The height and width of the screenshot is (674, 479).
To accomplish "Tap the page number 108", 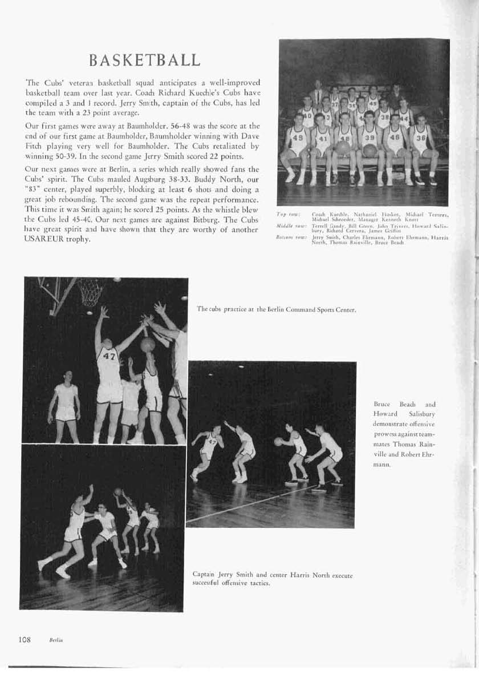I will (23, 639).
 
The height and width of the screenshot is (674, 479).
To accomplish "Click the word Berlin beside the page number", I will (55, 640).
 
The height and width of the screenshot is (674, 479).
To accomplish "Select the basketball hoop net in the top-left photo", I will (91, 291).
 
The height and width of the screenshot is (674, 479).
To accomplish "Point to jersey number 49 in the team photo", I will (297, 138).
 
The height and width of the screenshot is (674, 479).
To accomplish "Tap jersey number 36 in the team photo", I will (421, 138).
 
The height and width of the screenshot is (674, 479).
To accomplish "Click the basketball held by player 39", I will (370, 150).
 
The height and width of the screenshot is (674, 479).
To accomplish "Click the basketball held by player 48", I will (343, 148).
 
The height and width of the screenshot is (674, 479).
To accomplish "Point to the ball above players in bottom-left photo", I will (117, 491).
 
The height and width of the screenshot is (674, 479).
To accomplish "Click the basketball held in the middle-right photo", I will (278, 441).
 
